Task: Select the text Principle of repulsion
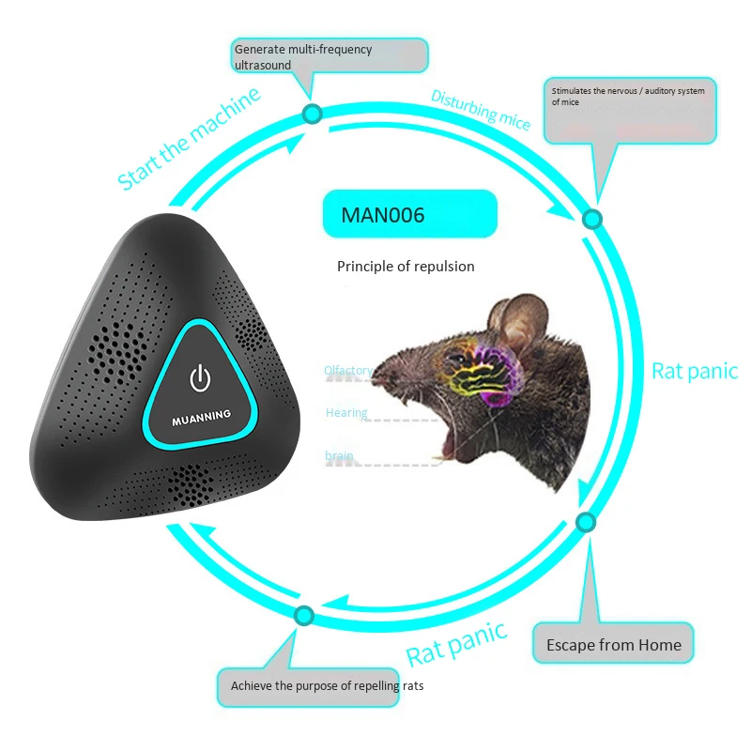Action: click(406, 267)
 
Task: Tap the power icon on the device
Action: click(198, 378)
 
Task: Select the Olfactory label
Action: click(348, 371)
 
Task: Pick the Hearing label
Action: click(346, 413)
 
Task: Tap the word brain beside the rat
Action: click(339, 456)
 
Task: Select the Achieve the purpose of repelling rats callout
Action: click(327, 686)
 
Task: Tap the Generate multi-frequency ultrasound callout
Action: click(329, 56)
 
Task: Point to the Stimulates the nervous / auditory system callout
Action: click(629, 109)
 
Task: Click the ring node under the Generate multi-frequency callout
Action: click(313, 115)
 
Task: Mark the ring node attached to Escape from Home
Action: click(584, 521)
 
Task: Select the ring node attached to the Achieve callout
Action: click(303, 616)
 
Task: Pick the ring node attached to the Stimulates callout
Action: click(591, 219)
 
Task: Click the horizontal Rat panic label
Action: click(695, 371)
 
